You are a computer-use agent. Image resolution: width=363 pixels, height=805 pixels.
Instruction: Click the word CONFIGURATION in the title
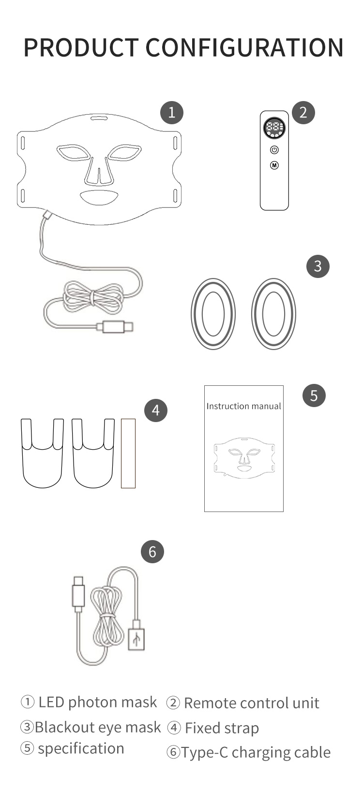coord(244,47)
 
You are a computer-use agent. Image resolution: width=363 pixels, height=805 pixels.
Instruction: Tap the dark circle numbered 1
coord(172,113)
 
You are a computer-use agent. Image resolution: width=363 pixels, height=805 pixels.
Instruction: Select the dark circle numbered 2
coord(303,113)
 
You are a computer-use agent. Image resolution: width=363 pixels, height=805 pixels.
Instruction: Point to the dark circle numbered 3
coord(318,266)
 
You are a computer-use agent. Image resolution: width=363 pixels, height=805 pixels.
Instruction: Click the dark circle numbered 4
coord(156,410)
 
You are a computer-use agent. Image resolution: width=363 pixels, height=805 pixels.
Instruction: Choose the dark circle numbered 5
coord(314,395)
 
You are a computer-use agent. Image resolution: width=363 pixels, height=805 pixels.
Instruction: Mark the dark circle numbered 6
coord(152,552)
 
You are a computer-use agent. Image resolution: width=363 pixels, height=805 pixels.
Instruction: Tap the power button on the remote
coord(274,150)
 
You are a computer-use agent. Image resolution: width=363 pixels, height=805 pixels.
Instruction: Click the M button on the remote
coord(274,165)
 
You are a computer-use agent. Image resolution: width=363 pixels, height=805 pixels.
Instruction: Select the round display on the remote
coord(274,128)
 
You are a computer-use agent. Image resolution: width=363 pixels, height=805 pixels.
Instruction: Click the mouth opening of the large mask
coord(99,197)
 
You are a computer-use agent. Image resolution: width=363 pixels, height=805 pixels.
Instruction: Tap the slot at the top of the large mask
coord(99,118)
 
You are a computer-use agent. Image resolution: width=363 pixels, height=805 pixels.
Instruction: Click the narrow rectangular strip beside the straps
coord(128,453)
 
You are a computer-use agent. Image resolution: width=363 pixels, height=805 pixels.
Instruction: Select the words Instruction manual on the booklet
coord(243,406)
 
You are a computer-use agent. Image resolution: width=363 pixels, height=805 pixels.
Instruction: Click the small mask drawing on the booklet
coord(244,458)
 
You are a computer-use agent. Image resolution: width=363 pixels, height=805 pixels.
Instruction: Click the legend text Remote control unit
coord(252,703)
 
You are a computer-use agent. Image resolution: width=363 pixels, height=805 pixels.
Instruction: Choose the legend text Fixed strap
coord(222,728)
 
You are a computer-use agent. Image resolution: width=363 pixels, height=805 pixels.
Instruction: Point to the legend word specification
coord(81,749)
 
